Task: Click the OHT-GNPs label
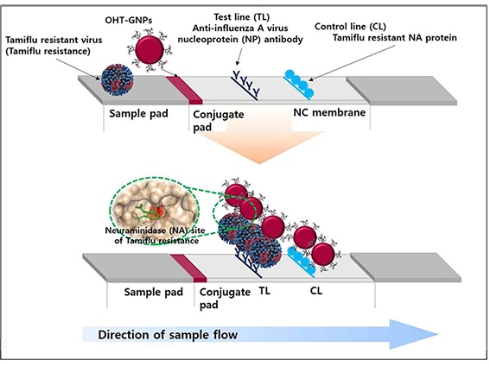click(129, 21)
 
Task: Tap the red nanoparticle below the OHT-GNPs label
click(150, 50)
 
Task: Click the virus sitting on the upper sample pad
click(118, 80)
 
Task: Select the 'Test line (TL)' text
click(242, 17)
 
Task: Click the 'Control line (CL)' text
click(350, 27)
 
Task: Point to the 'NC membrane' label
click(329, 112)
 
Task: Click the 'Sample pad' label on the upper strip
click(138, 113)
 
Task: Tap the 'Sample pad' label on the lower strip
click(154, 292)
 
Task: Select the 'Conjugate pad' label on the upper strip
click(219, 121)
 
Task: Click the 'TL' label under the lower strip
click(264, 291)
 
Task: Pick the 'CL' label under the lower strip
click(316, 291)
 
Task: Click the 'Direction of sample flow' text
click(168, 335)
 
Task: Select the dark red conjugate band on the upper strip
click(184, 90)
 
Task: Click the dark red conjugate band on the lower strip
click(188, 268)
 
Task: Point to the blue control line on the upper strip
click(298, 85)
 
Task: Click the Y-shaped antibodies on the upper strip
click(246, 85)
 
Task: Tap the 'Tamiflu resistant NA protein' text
click(395, 38)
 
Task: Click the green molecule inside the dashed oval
click(146, 214)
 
